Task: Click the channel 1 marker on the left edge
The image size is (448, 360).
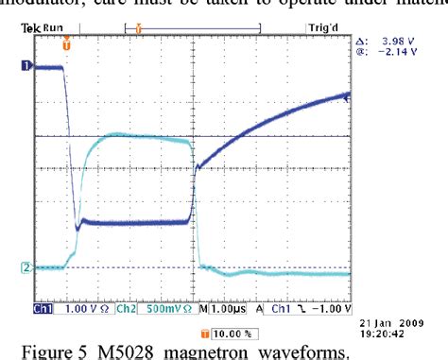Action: (26, 66)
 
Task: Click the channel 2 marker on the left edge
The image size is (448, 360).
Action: (26, 267)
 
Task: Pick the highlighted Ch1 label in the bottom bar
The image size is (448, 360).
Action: (43, 308)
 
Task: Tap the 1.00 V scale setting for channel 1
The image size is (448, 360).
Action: (78, 308)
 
